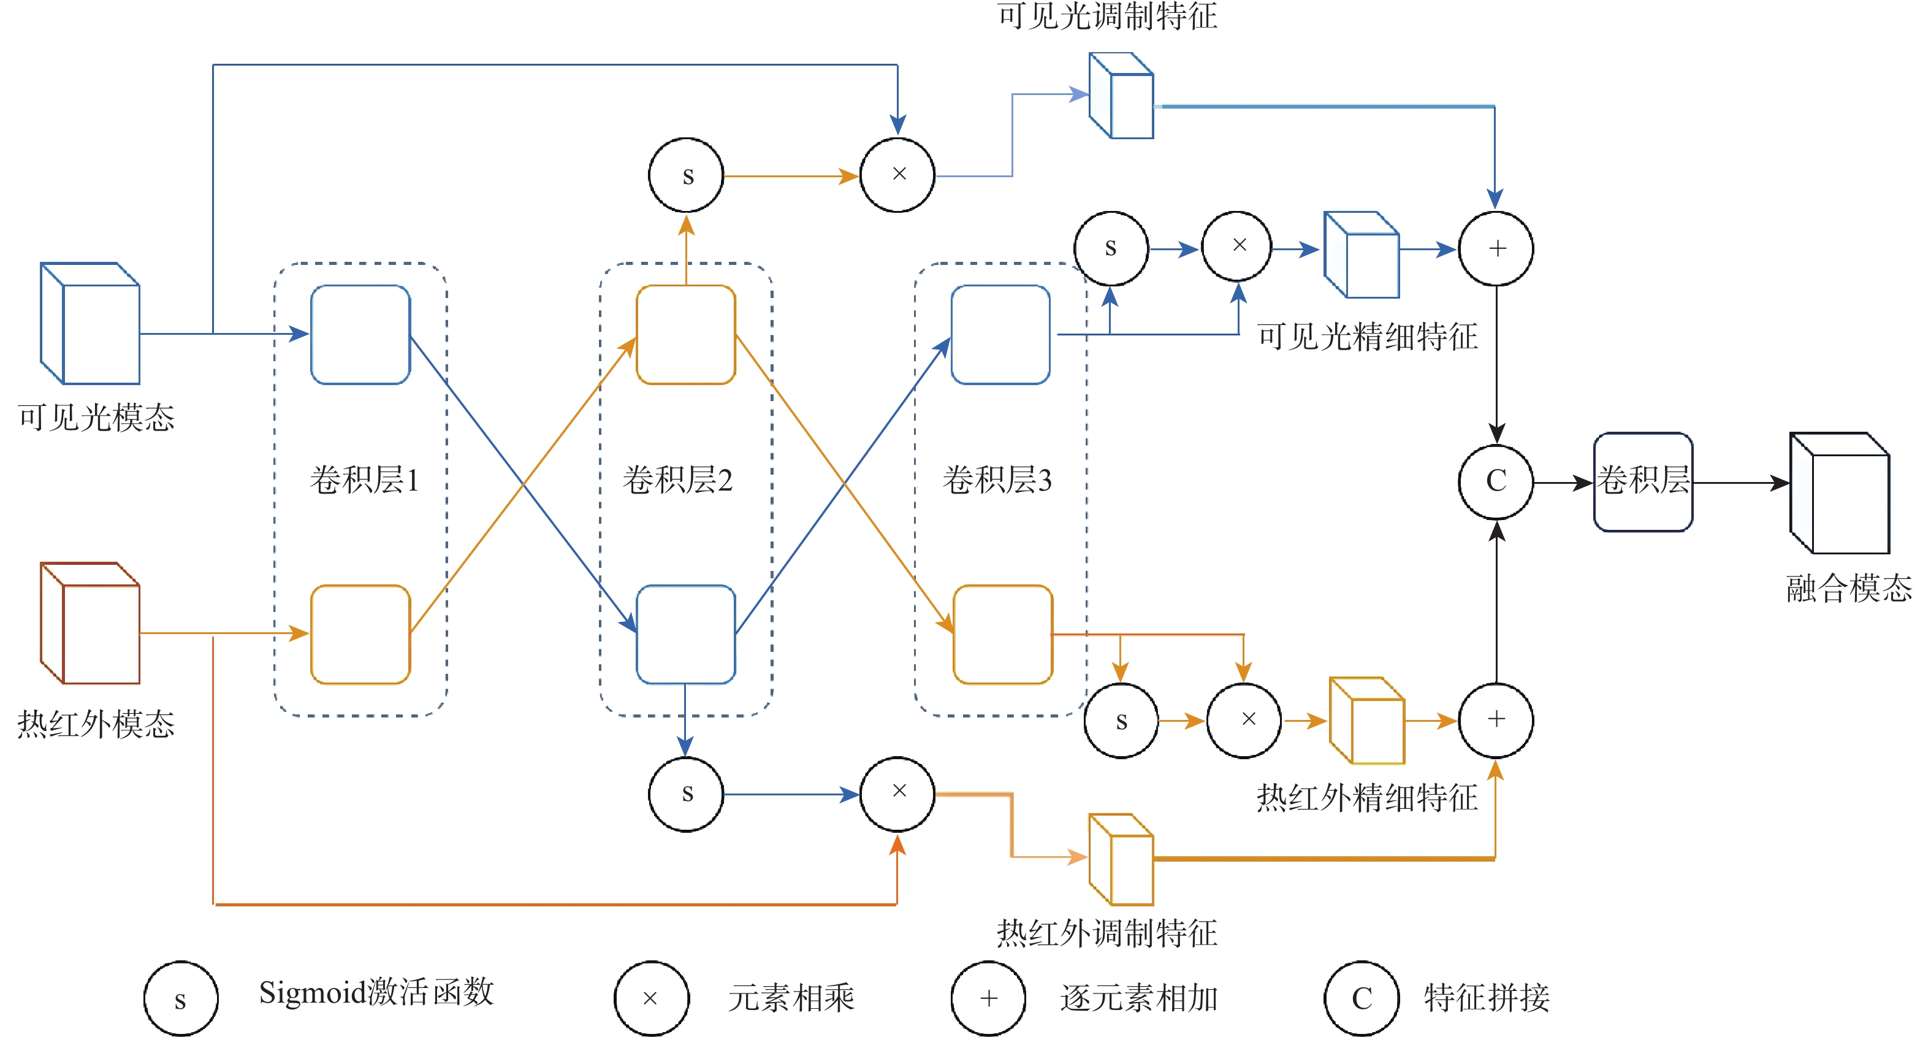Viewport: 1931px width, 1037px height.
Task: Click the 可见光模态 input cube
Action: click(91, 324)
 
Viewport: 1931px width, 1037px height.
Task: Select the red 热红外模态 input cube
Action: click(91, 624)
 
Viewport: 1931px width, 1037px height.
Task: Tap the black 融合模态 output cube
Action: click(1840, 494)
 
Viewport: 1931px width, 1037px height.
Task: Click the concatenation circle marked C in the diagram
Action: click(1496, 481)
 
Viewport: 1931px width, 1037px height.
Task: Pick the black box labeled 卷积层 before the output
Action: click(1643, 482)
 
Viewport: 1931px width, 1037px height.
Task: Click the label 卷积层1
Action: click(364, 480)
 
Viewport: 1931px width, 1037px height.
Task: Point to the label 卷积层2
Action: click(677, 480)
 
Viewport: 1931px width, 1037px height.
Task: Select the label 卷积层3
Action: click(997, 480)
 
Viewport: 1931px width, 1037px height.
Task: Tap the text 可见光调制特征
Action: click(1107, 17)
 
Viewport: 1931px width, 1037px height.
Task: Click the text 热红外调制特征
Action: click(1107, 933)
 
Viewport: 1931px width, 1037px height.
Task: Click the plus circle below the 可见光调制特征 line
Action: click(1496, 248)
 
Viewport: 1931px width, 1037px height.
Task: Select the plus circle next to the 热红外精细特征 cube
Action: click(1496, 720)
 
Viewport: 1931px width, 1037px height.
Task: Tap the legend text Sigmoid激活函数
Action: click(376, 993)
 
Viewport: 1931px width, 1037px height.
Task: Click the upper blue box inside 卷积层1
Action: click(360, 334)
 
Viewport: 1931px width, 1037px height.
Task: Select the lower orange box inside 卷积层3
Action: click(1003, 634)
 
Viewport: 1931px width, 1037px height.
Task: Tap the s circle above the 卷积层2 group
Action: click(687, 175)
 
